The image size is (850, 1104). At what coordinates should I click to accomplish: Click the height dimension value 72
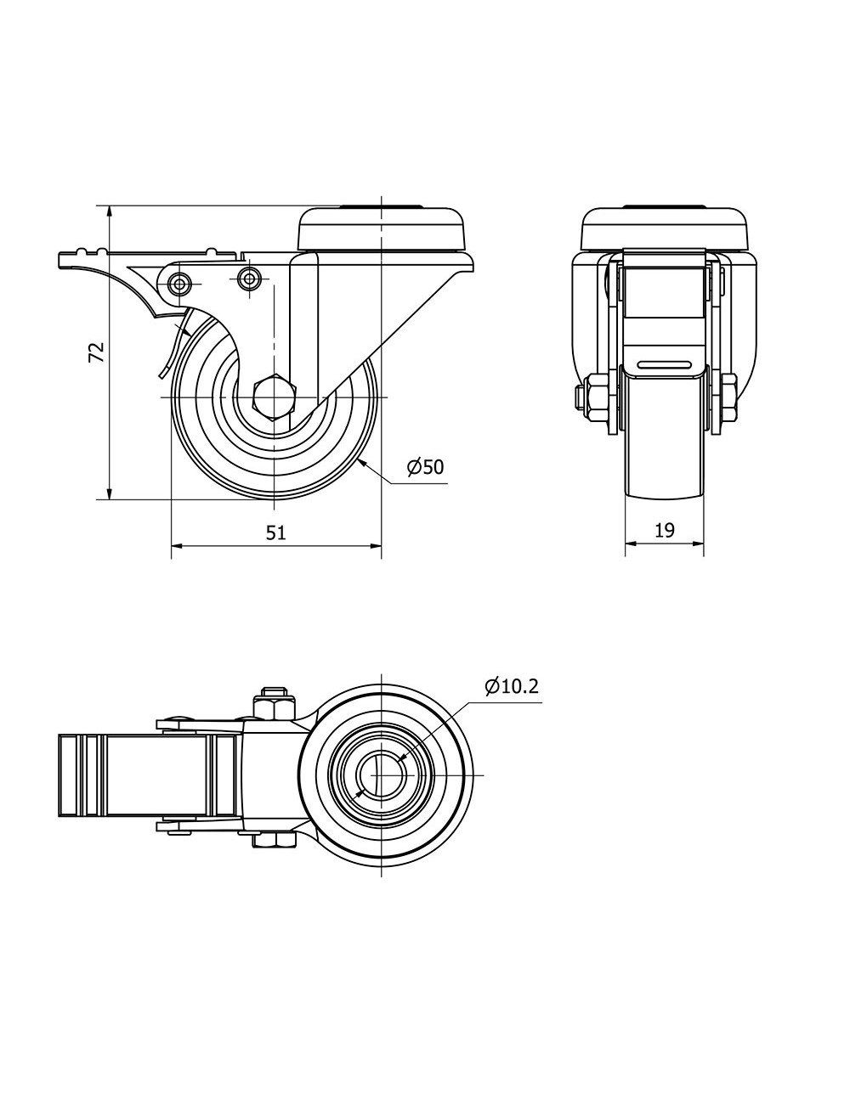point(97,352)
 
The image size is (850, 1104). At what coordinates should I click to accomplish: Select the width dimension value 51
point(276,532)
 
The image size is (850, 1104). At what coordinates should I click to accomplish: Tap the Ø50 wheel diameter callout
point(426,467)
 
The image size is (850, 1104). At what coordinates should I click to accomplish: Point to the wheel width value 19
point(665,531)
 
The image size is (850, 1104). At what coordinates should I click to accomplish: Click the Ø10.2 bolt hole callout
point(512,687)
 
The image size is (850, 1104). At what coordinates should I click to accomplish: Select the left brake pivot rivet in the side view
point(179,284)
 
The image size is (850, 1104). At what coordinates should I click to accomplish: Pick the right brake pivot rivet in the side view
point(249,278)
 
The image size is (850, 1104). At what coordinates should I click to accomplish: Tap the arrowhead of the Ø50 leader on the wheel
point(361,462)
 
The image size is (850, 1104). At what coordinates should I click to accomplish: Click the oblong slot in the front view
point(665,363)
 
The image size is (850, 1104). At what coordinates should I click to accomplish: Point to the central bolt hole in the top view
point(381,775)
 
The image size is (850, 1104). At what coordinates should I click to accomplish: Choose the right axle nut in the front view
point(729,397)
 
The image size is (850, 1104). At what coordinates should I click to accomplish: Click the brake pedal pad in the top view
point(147,775)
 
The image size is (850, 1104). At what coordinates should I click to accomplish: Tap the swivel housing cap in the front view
point(665,229)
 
